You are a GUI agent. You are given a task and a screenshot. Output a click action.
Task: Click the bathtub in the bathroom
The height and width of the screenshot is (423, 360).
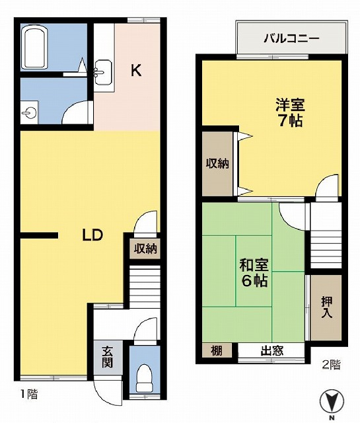(35, 47)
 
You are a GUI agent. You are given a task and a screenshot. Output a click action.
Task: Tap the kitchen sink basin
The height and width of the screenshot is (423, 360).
(103, 72)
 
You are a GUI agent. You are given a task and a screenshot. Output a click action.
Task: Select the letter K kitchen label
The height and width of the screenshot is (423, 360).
(136, 71)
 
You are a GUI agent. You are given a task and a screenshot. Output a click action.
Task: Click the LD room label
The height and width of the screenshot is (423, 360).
(92, 235)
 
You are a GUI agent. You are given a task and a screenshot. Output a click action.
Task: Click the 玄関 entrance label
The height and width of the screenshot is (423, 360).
(107, 357)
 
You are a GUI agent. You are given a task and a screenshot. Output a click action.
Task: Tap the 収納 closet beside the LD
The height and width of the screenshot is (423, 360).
(145, 249)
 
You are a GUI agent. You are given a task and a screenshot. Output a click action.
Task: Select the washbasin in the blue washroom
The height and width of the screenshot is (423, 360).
(29, 112)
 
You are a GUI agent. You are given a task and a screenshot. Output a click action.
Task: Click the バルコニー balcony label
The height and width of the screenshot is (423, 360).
(291, 38)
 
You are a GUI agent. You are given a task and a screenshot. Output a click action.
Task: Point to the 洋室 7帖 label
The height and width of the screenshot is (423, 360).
(290, 113)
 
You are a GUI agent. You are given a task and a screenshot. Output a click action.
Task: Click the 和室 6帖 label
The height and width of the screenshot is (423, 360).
(254, 273)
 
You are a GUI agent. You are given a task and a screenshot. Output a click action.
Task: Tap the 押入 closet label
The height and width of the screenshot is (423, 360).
(326, 307)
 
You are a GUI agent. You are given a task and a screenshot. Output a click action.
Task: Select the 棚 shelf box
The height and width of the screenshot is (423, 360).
(217, 351)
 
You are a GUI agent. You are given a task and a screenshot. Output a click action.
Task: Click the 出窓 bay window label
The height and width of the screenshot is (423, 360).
(272, 351)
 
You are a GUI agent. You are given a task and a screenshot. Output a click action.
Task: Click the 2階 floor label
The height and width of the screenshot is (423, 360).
(332, 365)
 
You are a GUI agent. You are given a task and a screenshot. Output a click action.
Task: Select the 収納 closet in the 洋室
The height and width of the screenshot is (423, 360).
(217, 164)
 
